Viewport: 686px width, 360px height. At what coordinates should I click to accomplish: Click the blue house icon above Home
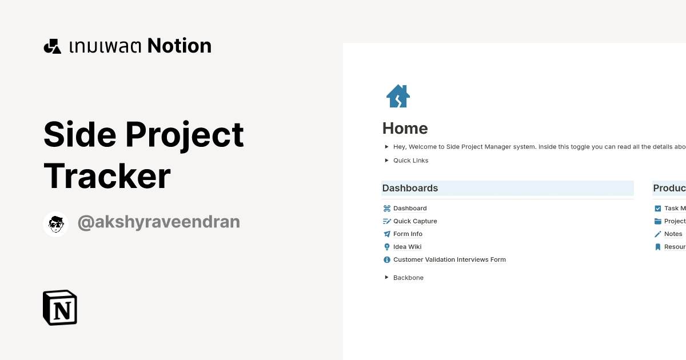tap(398, 96)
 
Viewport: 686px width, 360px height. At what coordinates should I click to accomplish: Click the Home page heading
tap(405, 128)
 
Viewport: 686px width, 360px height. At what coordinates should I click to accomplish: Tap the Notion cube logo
tap(60, 307)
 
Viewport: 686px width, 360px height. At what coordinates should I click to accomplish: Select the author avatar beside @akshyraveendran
tap(56, 223)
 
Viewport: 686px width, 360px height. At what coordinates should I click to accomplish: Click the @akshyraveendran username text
tap(158, 222)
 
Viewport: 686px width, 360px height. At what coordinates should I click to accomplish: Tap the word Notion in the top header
tap(180, 46)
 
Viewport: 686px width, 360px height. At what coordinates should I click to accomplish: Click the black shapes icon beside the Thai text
tap(52, 46)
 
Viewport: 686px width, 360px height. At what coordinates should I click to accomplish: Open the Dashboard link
tap(410, 209)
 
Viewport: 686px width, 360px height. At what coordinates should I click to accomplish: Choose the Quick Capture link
tap(415, 221)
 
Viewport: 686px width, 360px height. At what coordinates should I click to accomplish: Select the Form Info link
tap(408, 234)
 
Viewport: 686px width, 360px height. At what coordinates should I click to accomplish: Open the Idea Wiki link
tap(407, 247)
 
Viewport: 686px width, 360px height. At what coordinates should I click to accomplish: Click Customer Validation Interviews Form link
tap(449, 259)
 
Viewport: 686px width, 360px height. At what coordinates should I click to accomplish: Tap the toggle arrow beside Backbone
tap(387, 277)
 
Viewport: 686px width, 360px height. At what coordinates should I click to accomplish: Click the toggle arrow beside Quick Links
tap(387, 160)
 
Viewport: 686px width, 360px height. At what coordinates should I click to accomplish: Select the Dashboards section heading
tap(410, 188)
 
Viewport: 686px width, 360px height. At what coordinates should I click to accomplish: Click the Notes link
tap(673, 234)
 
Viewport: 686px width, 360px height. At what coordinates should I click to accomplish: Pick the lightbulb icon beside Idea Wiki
tap(386, 247)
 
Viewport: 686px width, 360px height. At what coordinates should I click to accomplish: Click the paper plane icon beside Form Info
tap(386, 234)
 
